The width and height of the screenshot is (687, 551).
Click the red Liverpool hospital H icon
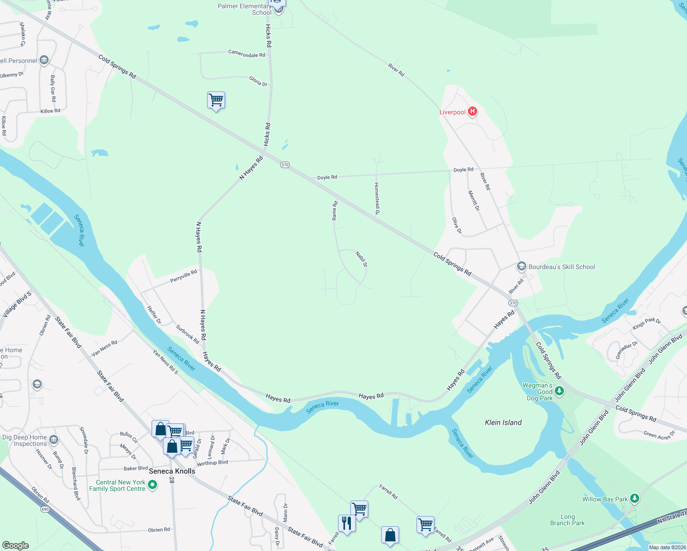coord(472,112)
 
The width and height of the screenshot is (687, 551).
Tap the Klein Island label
coord(503,422)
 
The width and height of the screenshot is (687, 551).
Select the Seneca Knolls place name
coord(172,471)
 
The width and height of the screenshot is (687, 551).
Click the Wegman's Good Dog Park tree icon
coord(559,391)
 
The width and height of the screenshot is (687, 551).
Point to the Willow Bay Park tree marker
coord(634,499)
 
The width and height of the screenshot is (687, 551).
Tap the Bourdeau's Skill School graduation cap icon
coord(521,266)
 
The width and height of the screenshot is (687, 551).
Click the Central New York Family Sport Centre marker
coord(152,484)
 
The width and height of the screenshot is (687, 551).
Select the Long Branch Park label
coord(567,520)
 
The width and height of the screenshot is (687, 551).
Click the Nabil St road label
coord(361,259)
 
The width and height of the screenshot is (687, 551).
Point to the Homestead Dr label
coord(377,198)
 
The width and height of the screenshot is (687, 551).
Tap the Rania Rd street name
coord(335,210)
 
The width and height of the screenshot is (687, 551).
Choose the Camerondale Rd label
coord(247,54)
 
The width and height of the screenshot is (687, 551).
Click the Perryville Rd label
coord(184,276)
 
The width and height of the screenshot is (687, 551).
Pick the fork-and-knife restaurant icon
coord(346,523)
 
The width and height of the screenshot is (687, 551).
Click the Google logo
coord(15,545)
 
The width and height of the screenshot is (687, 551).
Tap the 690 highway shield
coord(45,509)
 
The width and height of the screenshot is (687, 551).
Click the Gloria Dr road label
coord(258,81)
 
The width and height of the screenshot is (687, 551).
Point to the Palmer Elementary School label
coord(245,9)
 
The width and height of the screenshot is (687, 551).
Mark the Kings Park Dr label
coord(646,323)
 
